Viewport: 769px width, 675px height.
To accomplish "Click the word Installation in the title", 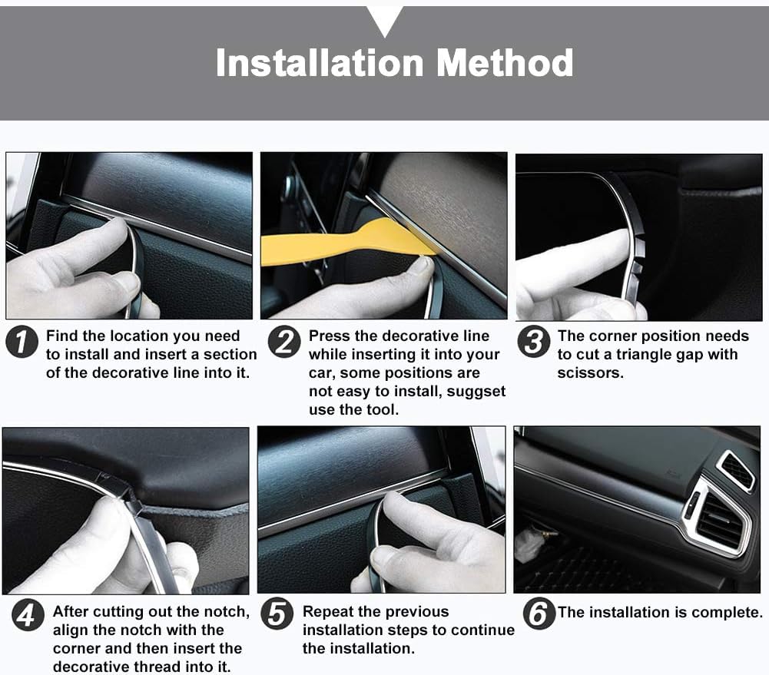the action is tap(320, 63).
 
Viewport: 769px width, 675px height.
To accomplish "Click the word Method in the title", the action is tap(505, 63).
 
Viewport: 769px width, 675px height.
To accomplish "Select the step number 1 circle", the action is tap(22, 342).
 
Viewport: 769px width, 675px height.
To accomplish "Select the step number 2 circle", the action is tap(284, 342).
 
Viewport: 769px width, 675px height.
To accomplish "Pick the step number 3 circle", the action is tap(534, 342).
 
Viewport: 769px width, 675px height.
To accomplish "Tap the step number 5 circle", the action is tap(277, 614).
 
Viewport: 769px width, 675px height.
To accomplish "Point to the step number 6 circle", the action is tap(539, 614).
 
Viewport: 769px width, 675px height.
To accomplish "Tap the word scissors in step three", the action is tap(590, 373).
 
